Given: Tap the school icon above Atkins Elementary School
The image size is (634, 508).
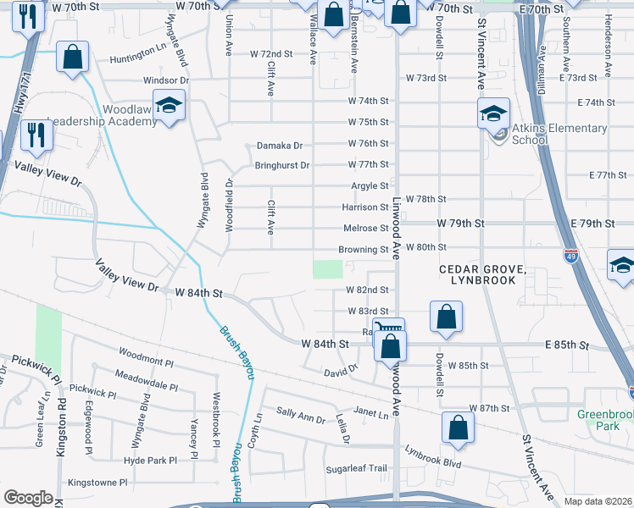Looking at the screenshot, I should point(492,112).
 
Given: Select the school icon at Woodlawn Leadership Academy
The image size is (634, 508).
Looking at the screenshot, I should point(170,106).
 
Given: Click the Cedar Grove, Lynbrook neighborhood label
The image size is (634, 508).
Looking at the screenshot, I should point(482,274).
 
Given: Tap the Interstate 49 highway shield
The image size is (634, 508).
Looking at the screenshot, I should point(570,252).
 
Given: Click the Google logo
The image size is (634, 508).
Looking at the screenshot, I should point(28,498).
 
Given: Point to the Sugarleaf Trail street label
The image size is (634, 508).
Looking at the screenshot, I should point(356,468).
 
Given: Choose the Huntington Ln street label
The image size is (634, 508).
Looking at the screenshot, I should point(138,61).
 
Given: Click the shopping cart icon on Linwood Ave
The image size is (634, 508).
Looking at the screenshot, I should point(388,329).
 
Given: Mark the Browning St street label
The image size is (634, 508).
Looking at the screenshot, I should point(363,250).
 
